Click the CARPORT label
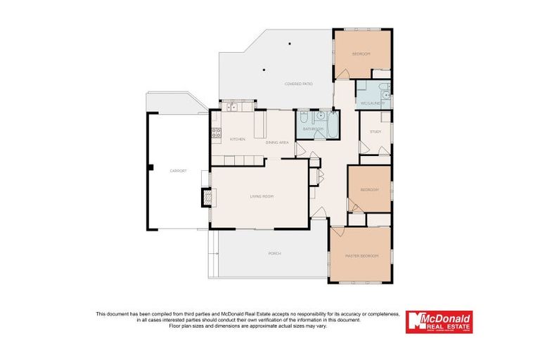(177, 171)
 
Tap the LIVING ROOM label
(262, 197)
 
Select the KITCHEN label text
(238, 139)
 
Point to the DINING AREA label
(277, 143)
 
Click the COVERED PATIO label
(298, 84)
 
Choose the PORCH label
(274, 253)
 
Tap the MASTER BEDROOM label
(361, 256)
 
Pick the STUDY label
(375, 131)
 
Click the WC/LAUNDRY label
(370, 104)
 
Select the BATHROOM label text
(313, 129)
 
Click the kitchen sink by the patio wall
(232, 108)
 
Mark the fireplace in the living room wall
(207, 198)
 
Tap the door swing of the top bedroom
(342, 72)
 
